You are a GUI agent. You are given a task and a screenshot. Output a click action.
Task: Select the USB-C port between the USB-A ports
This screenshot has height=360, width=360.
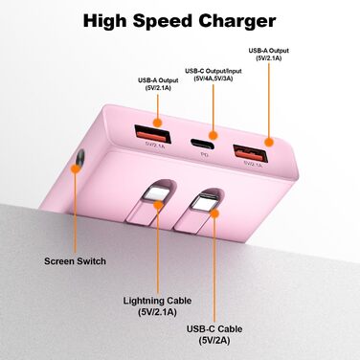tap(202, 137)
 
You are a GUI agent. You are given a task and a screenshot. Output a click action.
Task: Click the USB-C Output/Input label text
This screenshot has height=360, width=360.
tap(215, 71)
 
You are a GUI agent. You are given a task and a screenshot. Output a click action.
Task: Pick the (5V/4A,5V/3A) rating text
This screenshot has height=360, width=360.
tap(215, 80)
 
